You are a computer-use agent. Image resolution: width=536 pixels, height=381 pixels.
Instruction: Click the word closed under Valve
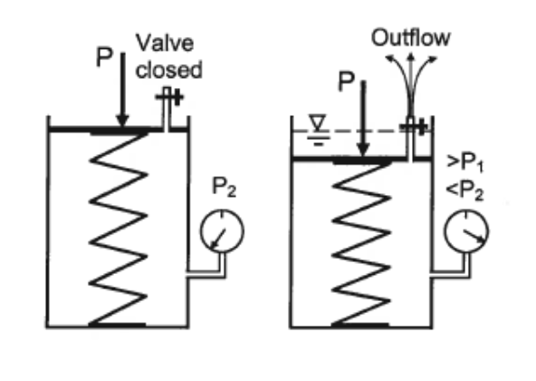[x=171, y=69]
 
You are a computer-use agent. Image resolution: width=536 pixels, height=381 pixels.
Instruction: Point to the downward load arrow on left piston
[x=124, y=96]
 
